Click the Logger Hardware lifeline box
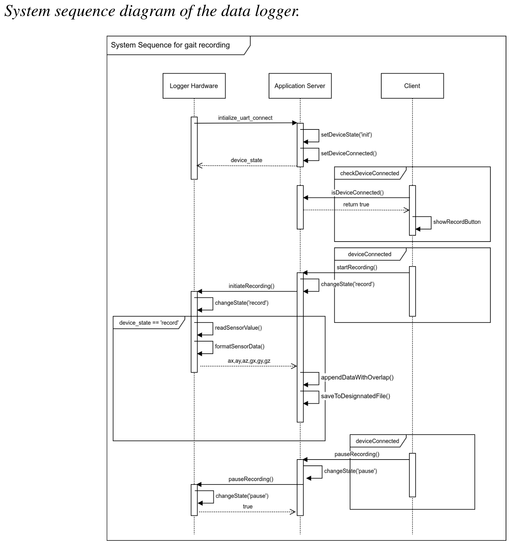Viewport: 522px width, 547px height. (x=194, y=86)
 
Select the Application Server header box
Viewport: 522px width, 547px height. (x=300, y=86)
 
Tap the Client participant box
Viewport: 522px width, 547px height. (x=412, y=86)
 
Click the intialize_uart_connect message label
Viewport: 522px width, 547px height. (x=245, y=118)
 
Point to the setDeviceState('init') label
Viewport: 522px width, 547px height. (x=346, y=135)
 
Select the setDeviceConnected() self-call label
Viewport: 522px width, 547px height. (x=349, y=153)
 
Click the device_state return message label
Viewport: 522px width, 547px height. (x=246, y=160)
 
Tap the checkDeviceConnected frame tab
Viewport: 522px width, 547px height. (x=369, y=173)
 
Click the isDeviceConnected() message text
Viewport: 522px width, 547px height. (x=357, y=193)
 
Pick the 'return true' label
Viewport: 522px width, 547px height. (x=356, y=204)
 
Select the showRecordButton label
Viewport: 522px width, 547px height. (x=457, y=222)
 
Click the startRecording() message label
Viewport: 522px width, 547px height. (x=357, y=267)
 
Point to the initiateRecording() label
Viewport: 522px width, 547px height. (x=251, y=286)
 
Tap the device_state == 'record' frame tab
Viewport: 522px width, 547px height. (x=149, y=323)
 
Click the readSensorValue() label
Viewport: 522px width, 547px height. (x=238, y=328)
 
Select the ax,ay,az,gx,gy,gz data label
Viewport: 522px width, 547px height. (x=249, y=361)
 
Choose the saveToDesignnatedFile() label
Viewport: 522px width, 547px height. (x=355, y=396)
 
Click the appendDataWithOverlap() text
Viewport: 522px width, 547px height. (x=357, y=377)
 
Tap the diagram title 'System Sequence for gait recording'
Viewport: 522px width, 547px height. (x=170, y=45)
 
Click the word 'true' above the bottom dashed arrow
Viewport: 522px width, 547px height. (x=247, y=506)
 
